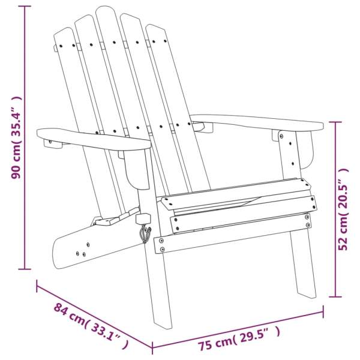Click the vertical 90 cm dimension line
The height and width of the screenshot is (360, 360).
[25, 138]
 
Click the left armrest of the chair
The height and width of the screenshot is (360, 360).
[90, 138]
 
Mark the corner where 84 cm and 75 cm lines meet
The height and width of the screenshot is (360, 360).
[152, 348]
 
